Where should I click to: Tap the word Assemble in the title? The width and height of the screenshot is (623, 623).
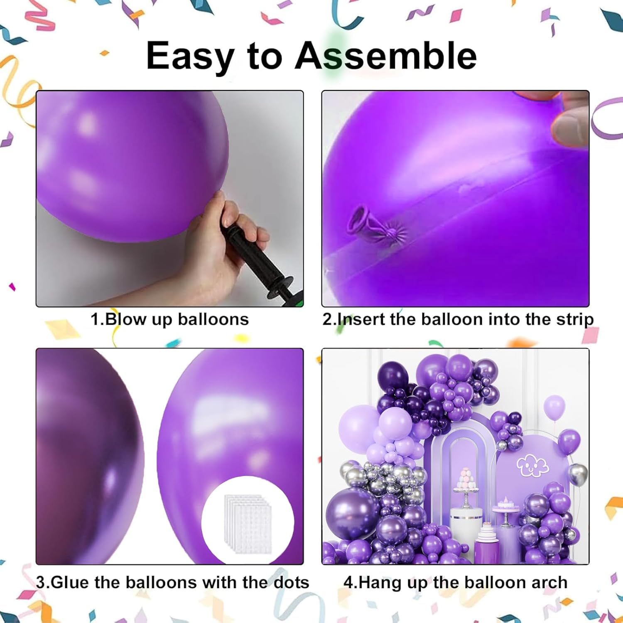coord(386,55)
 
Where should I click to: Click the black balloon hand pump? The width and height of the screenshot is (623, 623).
coord(262,262)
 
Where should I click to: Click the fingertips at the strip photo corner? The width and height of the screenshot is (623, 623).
coord(569,120)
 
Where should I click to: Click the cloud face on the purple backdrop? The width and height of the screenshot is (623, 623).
coord(532,466)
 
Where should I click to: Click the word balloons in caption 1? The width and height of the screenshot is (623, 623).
coord(213,319)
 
